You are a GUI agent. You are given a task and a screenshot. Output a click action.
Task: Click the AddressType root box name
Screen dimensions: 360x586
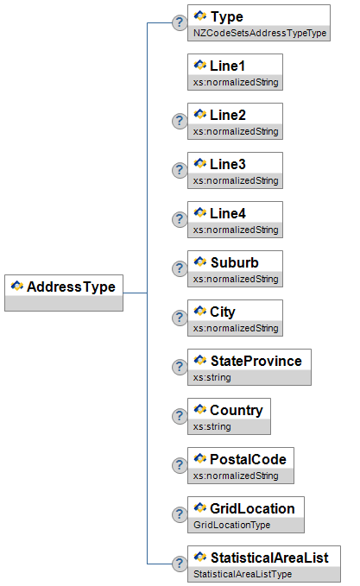coord(71,287)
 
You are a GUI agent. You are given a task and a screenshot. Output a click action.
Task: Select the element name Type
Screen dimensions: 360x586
coord(227,16)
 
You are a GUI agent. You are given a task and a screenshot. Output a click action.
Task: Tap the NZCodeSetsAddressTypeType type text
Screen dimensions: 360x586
coord(260,34)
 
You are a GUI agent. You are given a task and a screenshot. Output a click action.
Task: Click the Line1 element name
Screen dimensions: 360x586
coord(227,66)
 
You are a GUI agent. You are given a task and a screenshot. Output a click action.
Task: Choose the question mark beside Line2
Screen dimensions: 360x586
coord(180,121)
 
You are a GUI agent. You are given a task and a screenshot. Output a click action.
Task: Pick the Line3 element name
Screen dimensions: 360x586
coord(228,164)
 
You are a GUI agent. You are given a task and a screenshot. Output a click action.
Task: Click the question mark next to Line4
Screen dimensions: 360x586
coord(180,219)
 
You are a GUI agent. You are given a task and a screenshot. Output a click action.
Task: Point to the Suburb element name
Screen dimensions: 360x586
coord(235,262)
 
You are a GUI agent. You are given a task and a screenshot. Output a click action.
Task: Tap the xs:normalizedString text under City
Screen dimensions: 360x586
coord(236,328)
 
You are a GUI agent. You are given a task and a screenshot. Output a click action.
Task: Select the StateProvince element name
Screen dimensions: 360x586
coord(256,361)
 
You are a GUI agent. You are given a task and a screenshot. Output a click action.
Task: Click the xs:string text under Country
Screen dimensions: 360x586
coord(212,427)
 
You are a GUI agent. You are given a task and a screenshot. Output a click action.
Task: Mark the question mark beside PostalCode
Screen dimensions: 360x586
coord(180,465)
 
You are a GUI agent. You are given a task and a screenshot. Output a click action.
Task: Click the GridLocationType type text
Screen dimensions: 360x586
coord(231,525)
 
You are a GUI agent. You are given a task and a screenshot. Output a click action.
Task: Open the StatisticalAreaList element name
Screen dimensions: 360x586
coord(269,558)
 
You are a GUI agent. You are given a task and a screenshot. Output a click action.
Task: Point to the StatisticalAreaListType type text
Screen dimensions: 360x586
coord(243,574)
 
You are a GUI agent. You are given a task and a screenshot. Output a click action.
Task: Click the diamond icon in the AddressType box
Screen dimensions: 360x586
coord(17,286)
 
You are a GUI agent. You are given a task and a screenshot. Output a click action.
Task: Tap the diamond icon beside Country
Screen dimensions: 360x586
coord(200,409)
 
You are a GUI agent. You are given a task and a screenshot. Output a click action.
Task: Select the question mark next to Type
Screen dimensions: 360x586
coord(180,22)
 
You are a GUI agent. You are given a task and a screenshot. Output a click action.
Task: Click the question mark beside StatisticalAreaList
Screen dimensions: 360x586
coord(180,564)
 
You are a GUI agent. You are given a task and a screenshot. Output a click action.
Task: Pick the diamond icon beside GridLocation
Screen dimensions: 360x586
coord(200,507)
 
